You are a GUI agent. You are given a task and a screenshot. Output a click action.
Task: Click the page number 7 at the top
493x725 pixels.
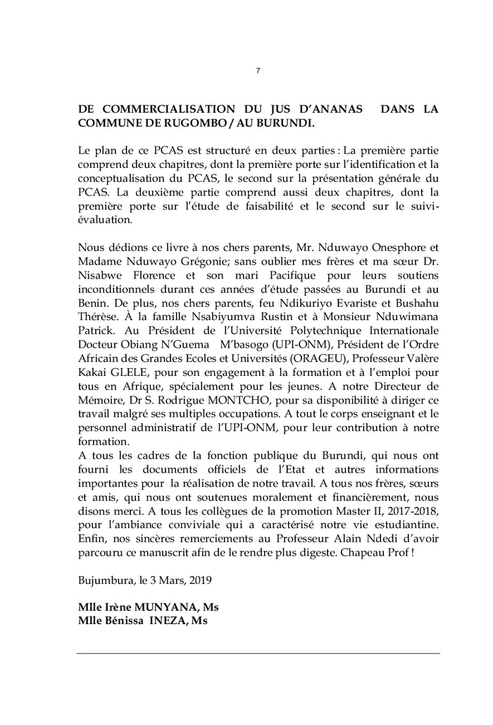click(258, 71)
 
